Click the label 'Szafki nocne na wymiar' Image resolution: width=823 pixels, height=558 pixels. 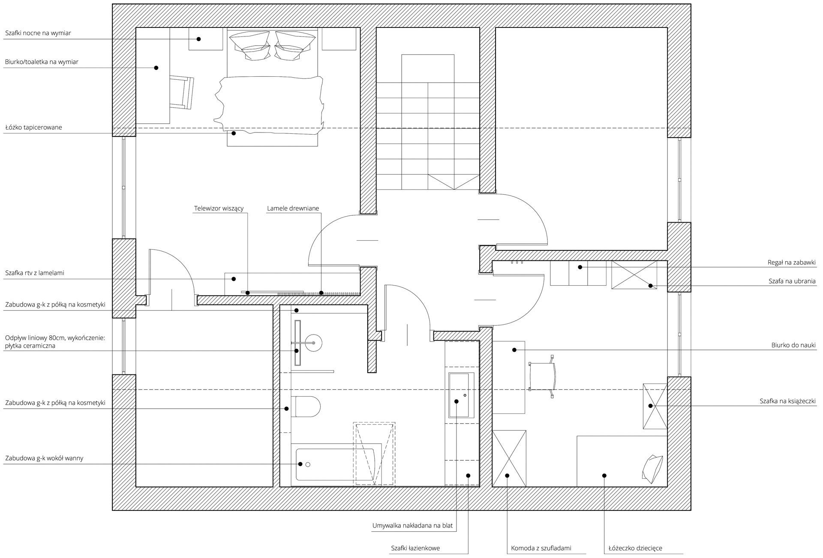pos(38,33)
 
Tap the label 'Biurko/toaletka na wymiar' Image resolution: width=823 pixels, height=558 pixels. pos(42,62)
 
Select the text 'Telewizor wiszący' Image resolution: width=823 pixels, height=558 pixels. pos(219,209)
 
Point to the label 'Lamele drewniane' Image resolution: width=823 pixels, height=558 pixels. pos(293,209)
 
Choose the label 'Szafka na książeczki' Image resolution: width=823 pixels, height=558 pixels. pos(787,401)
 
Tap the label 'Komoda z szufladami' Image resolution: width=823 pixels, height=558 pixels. pos(541,548)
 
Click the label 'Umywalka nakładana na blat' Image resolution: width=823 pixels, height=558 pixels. pos(412,526)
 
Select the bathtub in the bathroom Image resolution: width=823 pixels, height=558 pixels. pos(335,464)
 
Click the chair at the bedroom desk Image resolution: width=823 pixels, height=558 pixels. pos(182,92)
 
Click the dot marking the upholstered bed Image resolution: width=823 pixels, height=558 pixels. pos(234,133)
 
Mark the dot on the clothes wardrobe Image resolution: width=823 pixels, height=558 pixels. pos(650,286)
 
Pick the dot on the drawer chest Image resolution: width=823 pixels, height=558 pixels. pos(507,475)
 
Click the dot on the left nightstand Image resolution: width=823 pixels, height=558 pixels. pos(199,39)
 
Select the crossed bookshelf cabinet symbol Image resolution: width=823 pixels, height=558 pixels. pos(655,406)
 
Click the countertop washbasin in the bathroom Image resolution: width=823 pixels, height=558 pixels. pos(461,395)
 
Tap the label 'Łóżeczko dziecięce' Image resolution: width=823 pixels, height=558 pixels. pos(635,548)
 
